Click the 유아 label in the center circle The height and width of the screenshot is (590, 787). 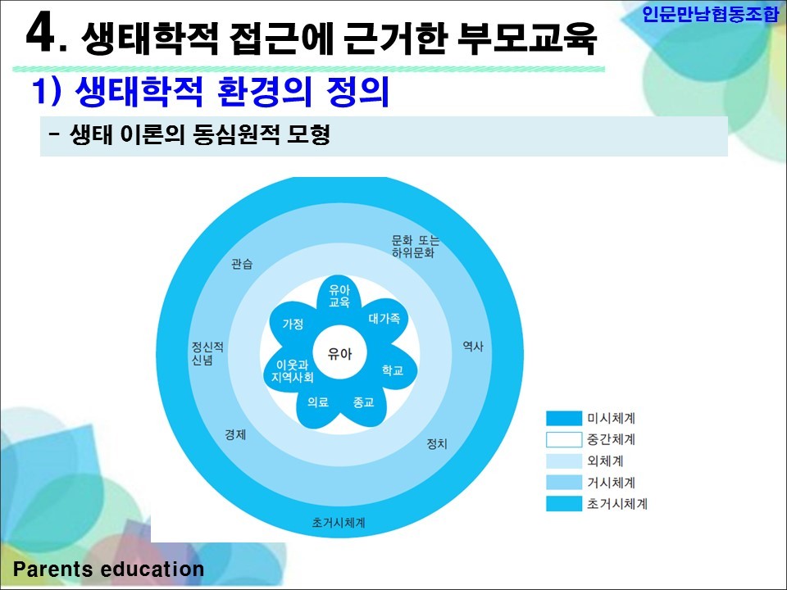[x=339, y=354]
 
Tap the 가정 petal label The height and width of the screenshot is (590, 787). [x=293, y=324]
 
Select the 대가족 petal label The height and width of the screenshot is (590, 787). [x=384, y=318]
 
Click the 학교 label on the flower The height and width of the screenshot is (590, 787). [x=393, y=370]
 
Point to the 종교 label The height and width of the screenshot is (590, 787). [x=363, y=402]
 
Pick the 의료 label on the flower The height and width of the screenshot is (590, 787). [x=318, y=402]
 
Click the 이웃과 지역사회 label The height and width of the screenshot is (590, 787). [x=293, y=371]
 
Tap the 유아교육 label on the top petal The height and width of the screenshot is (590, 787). [x=339, y=296]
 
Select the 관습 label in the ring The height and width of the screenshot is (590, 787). [x=242, y=264]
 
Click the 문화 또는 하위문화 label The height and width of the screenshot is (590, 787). [x=416, y=247]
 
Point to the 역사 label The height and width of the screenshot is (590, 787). [x=473, y=346]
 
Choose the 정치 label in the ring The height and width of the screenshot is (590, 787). [x=437, y=443]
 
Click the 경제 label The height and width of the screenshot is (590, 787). [x=235, y=434]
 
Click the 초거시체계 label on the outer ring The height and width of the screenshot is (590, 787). [x=339, y=522]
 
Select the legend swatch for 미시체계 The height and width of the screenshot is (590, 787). [x=564, y=418]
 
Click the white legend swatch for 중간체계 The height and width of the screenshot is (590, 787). [x=564, y=439]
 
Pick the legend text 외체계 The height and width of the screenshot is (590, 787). [x=605, y=461]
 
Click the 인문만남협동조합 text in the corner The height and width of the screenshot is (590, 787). [x=710, y=14]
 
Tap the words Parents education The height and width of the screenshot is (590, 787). [x=108, y=569]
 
